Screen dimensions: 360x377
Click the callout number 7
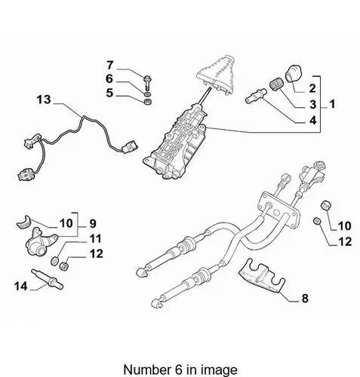[110, 66]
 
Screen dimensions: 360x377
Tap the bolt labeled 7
[146, 83]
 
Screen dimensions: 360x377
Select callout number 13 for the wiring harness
[44, 100]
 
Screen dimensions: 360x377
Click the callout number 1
[333, 104]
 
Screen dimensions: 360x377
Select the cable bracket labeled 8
[261, 276]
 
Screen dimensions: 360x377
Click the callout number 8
[305, 299]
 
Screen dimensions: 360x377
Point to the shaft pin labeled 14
[47, 279]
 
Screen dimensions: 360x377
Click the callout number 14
[21, 286]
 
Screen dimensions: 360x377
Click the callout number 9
[93, 223]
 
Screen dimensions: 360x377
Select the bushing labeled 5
[147, 103]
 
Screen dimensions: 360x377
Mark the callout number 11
[96, 238]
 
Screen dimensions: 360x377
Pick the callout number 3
[312, 104]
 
